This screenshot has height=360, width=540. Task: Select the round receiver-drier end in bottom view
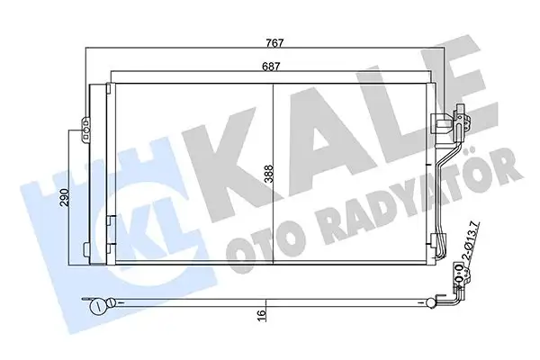coord(96,305)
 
